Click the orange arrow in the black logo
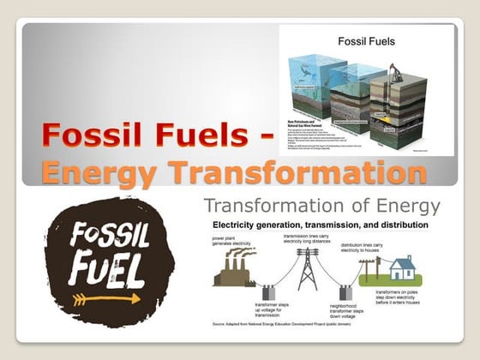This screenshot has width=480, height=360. click(107, 299)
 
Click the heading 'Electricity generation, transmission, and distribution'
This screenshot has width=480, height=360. click(320, 225)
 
